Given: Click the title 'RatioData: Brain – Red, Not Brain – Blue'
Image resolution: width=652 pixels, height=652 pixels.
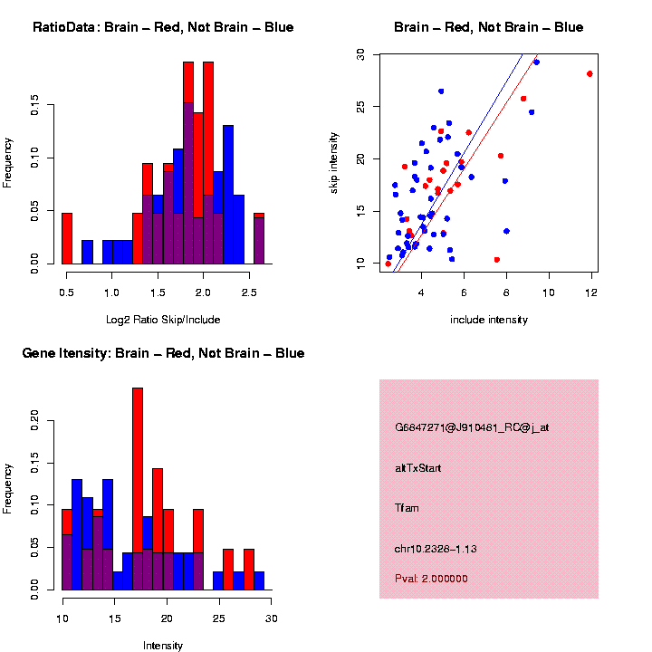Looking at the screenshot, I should pyautogui.click(x=163, y=27).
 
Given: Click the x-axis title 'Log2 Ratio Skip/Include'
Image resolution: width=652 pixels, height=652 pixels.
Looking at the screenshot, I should pyautogui.click(x=163, y=320).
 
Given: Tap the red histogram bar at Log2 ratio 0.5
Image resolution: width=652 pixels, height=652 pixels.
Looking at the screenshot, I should pyautogui.click(x=67, y=240).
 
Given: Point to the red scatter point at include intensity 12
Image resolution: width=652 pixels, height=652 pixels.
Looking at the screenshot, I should pyautogui.click(x=590, y=74).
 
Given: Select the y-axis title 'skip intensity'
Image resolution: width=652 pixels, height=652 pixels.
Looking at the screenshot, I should pyautogui.click(x=334, y=159).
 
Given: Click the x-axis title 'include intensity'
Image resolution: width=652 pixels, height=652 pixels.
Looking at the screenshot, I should pyautogui.click(x=489, y=320).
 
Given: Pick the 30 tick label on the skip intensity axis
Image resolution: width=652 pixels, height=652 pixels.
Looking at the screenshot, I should pyautogui.click(x=360, y=54).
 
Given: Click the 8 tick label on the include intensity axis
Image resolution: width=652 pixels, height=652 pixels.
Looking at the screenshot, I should pyautogui.click(x=506, y=292).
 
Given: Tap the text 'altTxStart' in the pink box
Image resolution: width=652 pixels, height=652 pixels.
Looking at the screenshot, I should pyautogui.click(x=418, y=468).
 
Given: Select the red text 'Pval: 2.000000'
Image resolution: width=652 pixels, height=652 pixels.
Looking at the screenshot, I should pyautogui.click(x=432, y=578).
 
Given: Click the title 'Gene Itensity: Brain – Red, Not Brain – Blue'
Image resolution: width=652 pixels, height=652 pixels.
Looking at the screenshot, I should pyautogui.click(x=163, y=353).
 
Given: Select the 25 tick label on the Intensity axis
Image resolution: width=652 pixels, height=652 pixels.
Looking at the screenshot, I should pyautogui.click(x=219, y=618).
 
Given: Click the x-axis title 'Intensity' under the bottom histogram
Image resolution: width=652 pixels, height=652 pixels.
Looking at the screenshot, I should pyautogui.click(x=163, y=646).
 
